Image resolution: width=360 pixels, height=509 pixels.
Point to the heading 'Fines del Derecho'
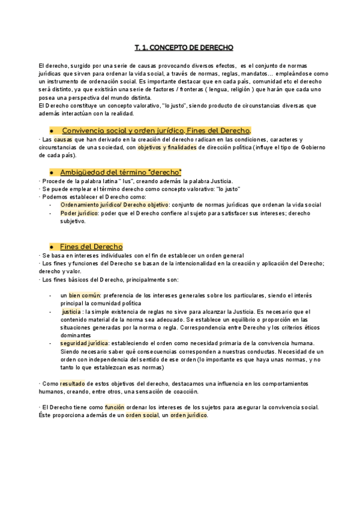(91, 247)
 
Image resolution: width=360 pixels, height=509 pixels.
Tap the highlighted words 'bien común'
(84, 295)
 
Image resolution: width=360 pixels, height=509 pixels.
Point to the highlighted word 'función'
(115, 406)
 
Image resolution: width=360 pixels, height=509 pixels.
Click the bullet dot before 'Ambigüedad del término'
(53, 173)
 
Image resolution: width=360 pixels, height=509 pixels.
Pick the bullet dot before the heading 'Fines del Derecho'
(53, 247)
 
